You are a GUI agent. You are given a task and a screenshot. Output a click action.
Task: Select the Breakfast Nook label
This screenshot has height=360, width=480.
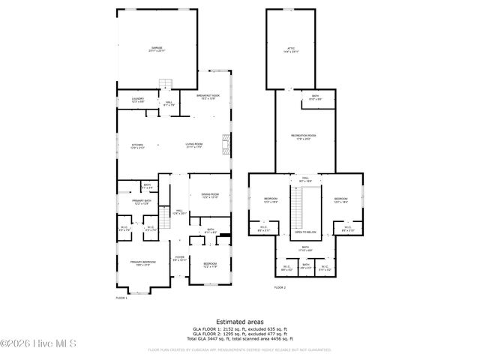pyautogui.click(x=208, y=97)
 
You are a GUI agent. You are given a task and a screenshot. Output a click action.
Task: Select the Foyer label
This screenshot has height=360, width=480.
pyautogui.click(x=180, y=259)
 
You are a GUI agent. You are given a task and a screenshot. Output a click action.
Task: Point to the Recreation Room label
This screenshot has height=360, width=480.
pyautogui.click(x=304, y=136)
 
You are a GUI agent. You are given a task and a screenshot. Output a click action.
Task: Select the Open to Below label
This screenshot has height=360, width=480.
pyautogui.click(x=304, y=232)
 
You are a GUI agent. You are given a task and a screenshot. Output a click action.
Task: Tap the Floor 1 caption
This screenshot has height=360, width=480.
pyautogui.click(x=121, y=298)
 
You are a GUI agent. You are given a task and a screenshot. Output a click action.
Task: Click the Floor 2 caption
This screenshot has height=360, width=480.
pyautogui.click(x=280, y=287)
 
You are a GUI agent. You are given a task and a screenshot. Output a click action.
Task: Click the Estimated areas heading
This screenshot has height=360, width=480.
pyautogui.click(x=239, y=320)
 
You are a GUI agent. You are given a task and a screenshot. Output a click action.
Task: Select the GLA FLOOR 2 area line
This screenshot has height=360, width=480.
pyautogui.click(x=239, y=335)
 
